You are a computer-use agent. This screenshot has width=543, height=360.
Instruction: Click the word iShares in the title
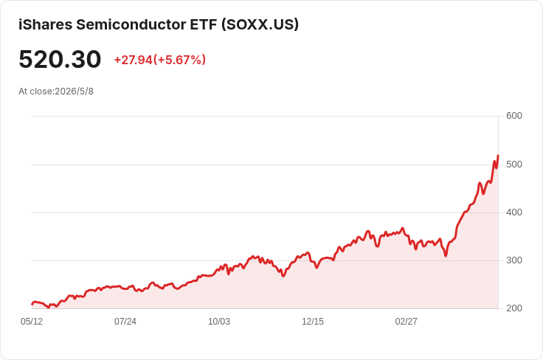pyautogui.click(x=45, y=24)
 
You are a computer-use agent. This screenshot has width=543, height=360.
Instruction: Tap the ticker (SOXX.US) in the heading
pyautogui.click(x=260, y=24)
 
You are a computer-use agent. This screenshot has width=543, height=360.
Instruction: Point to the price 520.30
pyautogui.click(x=60, y=59)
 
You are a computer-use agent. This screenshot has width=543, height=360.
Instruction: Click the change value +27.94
pyautogui.click(x=134, y=60)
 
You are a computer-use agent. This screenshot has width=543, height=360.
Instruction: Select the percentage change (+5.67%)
pyautogui.click(x=180, y=60)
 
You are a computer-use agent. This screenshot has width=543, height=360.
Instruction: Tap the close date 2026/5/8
pyautogui.click(x=74, y=91)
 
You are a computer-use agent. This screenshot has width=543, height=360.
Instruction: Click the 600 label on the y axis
pyautogui.click(x=514, y=116)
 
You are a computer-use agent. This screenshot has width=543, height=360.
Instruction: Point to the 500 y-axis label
pyautogui.click(x=514, y=164)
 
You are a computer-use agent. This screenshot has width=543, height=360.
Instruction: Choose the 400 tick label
pyautogui.click(x=514, y=212)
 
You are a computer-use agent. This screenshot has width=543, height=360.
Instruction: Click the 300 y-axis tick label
pyautogui.click(x=514, y=260)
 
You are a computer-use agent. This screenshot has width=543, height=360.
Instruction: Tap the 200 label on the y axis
pyautogui.click(x=514, y=308)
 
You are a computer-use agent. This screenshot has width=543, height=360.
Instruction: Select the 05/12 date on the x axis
pyautogui.click(x=32, y=322)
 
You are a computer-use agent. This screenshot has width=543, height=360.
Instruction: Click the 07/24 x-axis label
pyautogui.click(x=125, y=322)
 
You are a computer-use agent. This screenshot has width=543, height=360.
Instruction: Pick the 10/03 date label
pyautogui.click(x=219, y=322)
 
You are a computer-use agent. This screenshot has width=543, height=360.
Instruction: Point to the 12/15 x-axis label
pyautogui.click(x=313, y=322)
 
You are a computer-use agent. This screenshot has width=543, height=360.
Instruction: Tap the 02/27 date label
pyautogui.click(x=407, y=322)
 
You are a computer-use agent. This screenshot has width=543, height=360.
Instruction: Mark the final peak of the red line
pyautogui.click(x=498, y=156)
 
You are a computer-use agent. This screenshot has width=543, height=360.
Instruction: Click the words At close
pyautogui.click(x=36, y=91)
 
